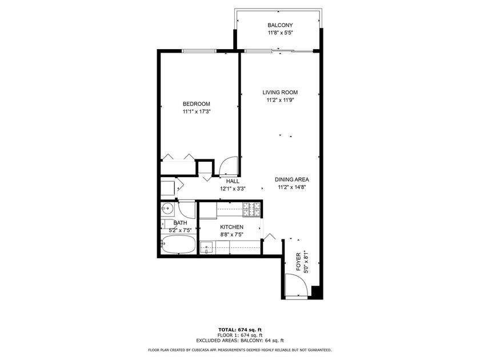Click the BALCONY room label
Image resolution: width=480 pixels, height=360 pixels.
pos(280,25)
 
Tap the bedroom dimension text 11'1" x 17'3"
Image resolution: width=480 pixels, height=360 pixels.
pos(197,112)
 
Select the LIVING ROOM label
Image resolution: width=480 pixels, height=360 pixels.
pos(280,92)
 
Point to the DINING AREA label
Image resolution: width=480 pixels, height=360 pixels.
pos(292,179)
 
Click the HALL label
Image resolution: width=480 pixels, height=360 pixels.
pos(233,181)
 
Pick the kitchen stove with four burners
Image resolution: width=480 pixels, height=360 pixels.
pos(251,210)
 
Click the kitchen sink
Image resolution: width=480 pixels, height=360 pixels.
pos(208,247)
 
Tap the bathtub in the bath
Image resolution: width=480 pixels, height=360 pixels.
pos(178,245)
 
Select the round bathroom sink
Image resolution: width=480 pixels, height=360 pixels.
pos(167,210)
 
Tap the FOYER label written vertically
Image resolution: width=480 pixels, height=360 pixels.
pos(299,262)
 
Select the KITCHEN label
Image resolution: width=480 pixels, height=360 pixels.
pos(232,227)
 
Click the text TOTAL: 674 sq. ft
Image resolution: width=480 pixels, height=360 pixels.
pos(240,330)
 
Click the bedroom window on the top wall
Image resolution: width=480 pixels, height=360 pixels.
pos(199,51)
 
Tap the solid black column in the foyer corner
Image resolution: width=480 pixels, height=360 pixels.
pos(317,293)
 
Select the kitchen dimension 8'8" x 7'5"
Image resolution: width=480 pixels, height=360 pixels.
pos(232,235)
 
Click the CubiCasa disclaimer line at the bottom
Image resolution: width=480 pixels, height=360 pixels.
pos(239,350)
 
